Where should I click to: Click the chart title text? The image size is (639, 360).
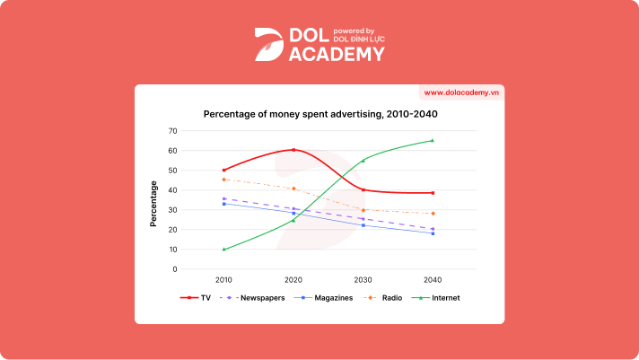pos(320,114)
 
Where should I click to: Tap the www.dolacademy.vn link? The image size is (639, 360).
pos(461,92)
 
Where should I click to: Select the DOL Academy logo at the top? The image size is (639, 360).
pos(319,45)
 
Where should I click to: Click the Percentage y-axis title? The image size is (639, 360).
pos(153,203)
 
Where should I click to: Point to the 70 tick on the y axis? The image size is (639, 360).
pos(172,131)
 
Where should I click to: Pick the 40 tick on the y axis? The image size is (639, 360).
pos(172,190)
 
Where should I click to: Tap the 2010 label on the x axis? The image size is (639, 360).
pos(223,280)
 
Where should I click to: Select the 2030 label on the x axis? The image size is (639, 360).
pos(363,280)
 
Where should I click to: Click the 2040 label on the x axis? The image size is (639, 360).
pos(433,280)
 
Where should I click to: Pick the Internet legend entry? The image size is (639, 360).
pos(436,297)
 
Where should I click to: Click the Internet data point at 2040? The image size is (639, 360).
pos(433,140)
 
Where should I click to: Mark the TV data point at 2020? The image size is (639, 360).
pos(293,150)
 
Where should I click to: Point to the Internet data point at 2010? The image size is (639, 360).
pos(223,250)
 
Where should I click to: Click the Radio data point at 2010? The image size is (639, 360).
pos(223,180)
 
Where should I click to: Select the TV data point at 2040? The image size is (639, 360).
pos(433,193)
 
